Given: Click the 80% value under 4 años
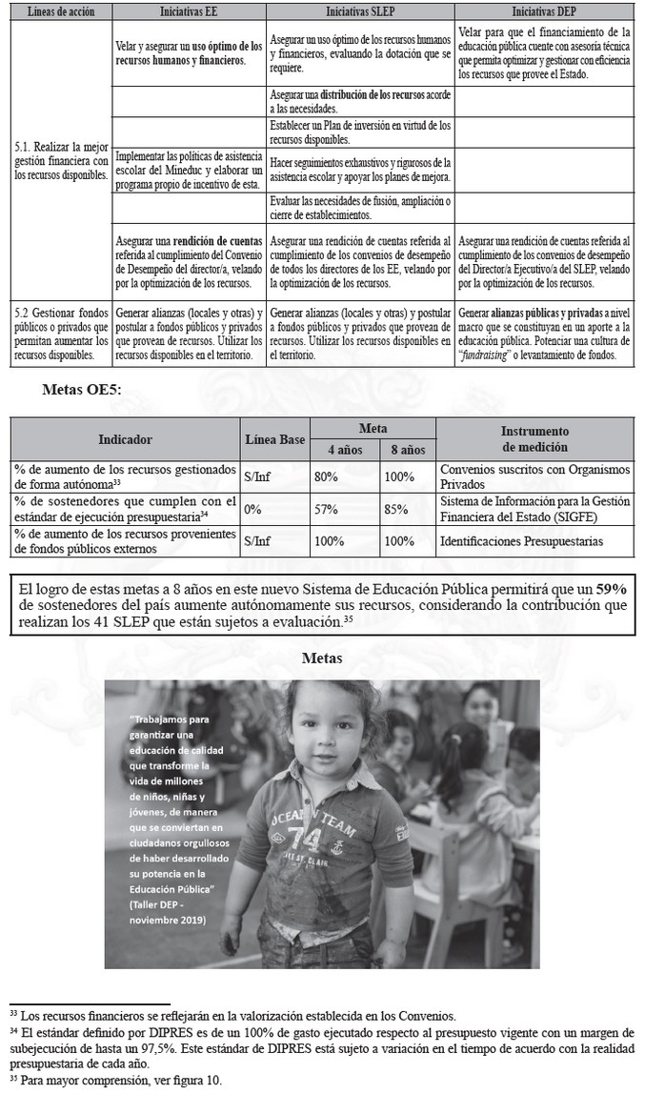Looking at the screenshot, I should click(x=329, y=475).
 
